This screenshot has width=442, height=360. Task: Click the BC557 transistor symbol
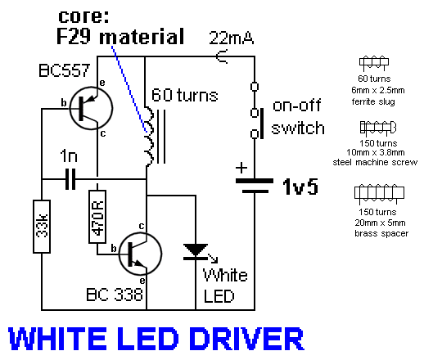[x=91, y=108]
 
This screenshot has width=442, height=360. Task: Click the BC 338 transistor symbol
[x=141, y=254]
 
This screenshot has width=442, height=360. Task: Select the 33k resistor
[x=42, y=227]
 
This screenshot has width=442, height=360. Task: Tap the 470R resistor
[x=97, y=216]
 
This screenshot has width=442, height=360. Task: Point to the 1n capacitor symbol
[x=70, y=179]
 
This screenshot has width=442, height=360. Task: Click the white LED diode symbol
[x=196, y=251]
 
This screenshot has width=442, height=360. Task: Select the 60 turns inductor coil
[x=152, y=137]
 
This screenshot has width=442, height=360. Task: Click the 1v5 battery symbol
[x=255, y=186]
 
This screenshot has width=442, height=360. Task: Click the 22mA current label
[x=231, y=38]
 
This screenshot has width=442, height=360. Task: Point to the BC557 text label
[x=65, y=70]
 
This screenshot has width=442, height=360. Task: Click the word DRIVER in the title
[x=246, y=339]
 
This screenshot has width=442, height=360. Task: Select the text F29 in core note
[x=74, y=36]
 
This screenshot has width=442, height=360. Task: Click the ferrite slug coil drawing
[x=374, y=63]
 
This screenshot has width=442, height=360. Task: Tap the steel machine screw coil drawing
[x=378, y=128]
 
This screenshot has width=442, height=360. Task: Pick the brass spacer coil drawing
[x=379, y=193]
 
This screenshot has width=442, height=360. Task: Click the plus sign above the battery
[x=241, y=168]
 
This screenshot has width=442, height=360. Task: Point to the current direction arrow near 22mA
[x=222, y=56]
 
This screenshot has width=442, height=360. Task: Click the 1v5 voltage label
[x=300, y=187]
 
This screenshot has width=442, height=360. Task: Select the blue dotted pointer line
[x=129, y=89]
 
